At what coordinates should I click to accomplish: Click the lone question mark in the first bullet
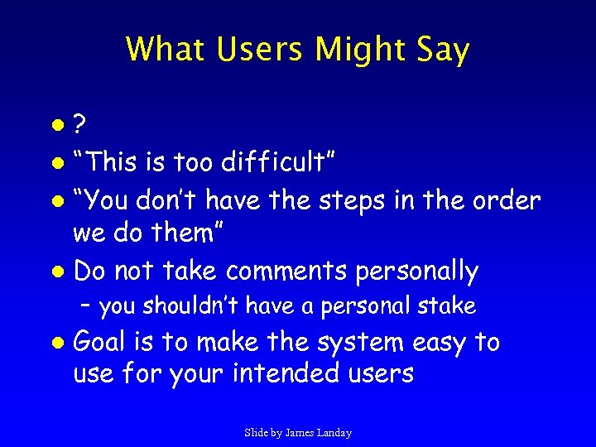(80, 126)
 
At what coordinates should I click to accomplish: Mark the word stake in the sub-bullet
(448, 306)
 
